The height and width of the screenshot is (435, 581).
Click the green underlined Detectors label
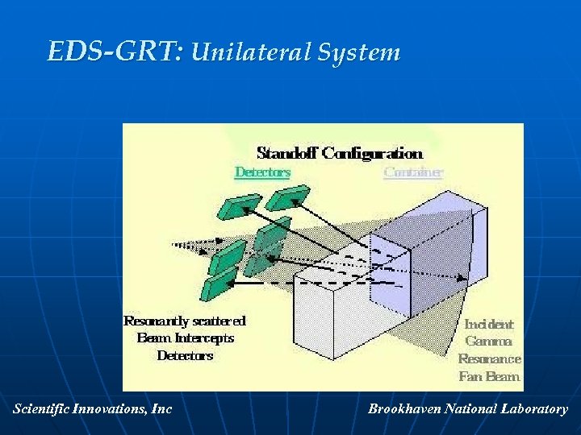262,172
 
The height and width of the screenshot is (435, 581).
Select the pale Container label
413,172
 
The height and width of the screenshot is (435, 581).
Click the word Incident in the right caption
489,324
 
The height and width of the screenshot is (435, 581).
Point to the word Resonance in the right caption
490,358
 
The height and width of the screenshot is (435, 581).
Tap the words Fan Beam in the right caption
490,376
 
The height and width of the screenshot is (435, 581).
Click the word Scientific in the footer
40,409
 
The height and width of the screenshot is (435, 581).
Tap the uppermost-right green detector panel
287,197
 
